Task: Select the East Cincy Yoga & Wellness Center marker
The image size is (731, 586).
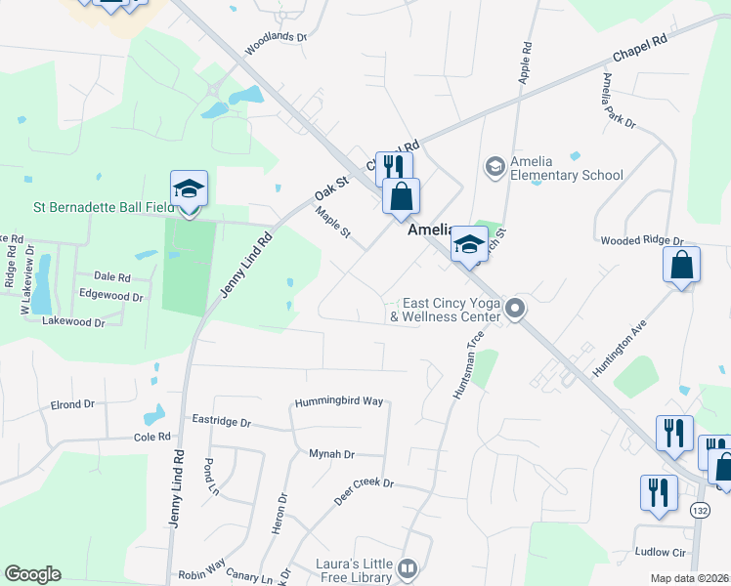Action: click(515, 310)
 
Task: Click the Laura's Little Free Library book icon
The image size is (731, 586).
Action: click(408, 567)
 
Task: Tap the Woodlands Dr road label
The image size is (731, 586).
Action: click(276, 43)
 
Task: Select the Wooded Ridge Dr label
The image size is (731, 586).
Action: click(642, 240)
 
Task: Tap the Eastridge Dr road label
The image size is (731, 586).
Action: click(222, 423)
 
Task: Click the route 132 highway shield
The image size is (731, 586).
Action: click(699, 510)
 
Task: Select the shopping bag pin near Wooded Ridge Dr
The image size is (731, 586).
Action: click(681, 266)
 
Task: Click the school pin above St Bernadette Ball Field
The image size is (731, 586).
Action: click(190, 190)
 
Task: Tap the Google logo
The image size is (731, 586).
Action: click(32, 574)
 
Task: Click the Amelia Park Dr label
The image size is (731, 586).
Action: click(619, 102)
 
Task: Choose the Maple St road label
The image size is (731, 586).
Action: click(333, 226)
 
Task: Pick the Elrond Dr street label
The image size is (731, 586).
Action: click(73, 403)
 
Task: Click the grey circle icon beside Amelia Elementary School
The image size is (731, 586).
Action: click(494, 167)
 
